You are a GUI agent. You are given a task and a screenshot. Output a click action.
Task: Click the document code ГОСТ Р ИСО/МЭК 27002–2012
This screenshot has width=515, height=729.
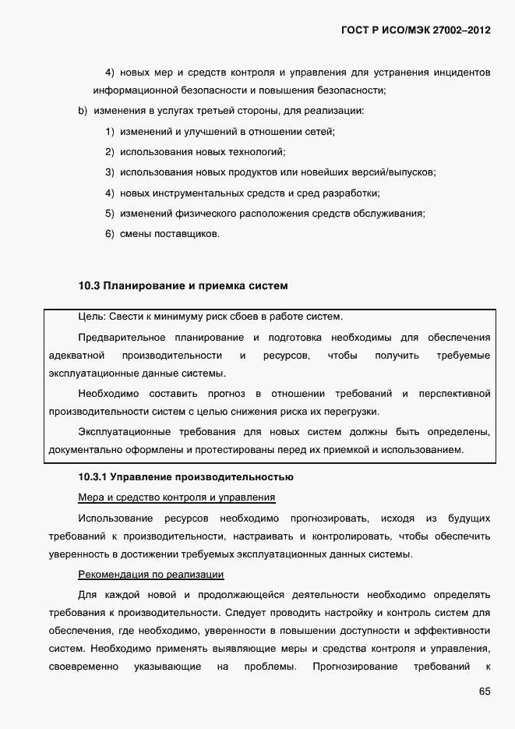pyautogui.click(x=415, y=30)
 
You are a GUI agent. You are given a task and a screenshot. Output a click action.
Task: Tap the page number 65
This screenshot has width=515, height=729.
pyautogui.click(x=484, y=692)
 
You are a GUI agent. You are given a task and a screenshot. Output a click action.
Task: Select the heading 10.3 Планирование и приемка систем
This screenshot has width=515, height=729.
pyautogui.click(x=183, y=285)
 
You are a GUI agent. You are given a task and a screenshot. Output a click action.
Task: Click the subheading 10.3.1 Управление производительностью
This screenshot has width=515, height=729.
pyautogui.click(x=185, y=476)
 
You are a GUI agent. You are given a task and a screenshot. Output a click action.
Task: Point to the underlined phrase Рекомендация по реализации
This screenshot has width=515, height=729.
pyautogui.click(x=151, y=575)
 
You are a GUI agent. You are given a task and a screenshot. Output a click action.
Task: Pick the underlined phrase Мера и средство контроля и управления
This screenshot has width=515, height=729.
pyautogui.click(x=177, y=497)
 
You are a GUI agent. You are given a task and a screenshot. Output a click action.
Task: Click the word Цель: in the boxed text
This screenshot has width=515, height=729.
pyautogui.click(x=91, y=317)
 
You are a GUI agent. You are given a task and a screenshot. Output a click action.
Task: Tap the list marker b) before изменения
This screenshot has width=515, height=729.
pyautogui.click(x=83, y=111)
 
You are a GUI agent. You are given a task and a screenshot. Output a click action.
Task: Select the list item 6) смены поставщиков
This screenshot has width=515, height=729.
pyautogui.click(x=162, y=233)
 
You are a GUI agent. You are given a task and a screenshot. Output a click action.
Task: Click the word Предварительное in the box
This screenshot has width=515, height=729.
pyautogui.click(x=122, y=337)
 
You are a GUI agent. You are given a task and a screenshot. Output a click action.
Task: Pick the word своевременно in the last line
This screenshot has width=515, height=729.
pyautogui.click(x=83, y=667)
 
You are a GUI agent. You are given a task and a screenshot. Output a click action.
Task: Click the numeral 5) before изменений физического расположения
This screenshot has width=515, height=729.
pyautogui.click(x=110, y=213)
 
